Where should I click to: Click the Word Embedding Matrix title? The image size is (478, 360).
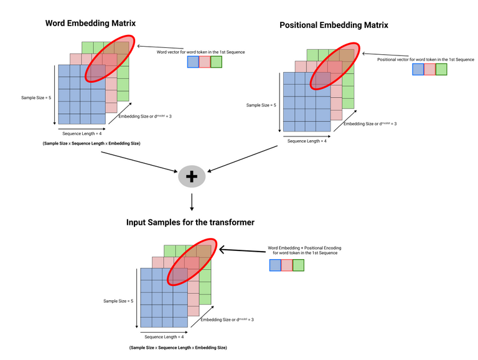[x=90, y=23]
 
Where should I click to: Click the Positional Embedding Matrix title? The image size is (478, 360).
[x=334, y=26]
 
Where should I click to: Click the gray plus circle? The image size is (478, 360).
[x=192, y=178]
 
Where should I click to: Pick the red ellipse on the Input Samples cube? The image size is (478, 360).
[x=190, y=262]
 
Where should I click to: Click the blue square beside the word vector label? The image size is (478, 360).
[x=193, y=62]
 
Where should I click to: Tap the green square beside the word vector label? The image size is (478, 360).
[x=216, y=62]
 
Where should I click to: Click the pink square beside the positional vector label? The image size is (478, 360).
[x=429, y=70]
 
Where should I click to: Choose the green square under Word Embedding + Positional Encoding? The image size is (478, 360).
[x=298, y=265]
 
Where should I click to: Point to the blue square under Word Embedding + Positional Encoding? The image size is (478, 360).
[x=275, y=265]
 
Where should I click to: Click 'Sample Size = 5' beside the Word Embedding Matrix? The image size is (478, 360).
[x=37, y=97]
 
